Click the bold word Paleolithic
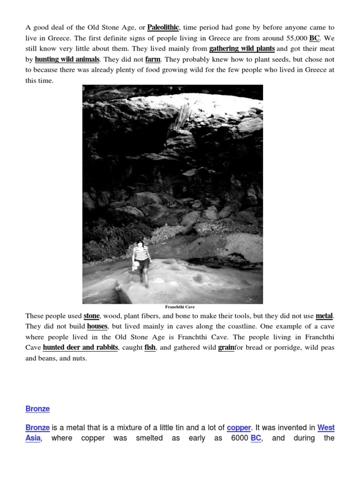[x=163, y=28]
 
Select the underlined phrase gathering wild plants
[x=242, y=49]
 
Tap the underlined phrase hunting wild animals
[x=67, y=60]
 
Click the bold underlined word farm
[x=153, y=60]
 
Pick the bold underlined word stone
[x=92, y=316]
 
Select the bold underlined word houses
[x=97, y=327]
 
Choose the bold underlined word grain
[x=226, y=348]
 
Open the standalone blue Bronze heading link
[x=37, y=409]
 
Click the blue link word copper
[x=239, y=428]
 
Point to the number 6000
[x=240, y=439]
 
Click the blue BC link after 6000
[x=256, y=439]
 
